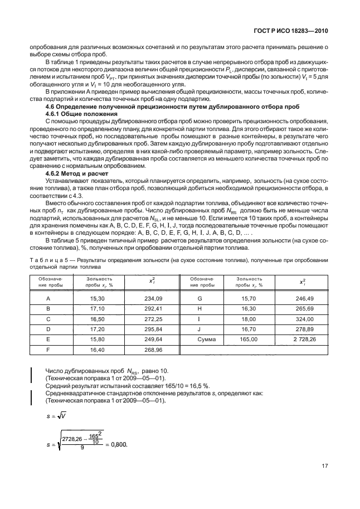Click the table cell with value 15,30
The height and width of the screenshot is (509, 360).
pyautogui.click(x=99, y=299)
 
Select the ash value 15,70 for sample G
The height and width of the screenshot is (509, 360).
pyautogui.click(x=250, y=299)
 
